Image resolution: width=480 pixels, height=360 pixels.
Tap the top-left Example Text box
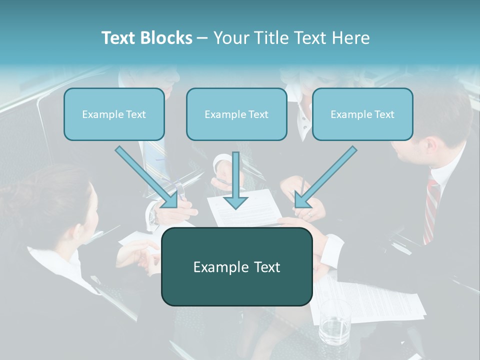pyautogui.click(x=114, y=114)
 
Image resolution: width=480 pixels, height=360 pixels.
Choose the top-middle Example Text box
pyautogui.click(x=236, y=114)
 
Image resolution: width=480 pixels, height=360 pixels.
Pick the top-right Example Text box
pyautogui.click(x=362, y=114)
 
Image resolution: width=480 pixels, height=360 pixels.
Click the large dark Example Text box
pyautogui.click(x=236, y=266)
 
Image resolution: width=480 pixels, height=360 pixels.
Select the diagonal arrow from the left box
pyautogui.click(x=147, y=177)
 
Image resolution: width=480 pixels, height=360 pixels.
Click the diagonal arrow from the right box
pyautogui.click(x=325, y=177)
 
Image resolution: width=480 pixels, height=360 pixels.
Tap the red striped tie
pyautogui.click(x=431, y=210)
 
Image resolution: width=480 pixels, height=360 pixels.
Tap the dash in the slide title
pyautogui.click(x=202, y=38)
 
